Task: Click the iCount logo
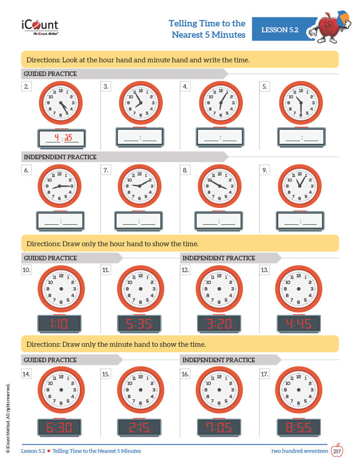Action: point(40,26)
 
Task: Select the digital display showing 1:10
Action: point(60,324)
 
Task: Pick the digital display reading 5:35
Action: point(139,324)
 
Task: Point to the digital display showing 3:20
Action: point(219,324)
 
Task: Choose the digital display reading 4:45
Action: point(299,324)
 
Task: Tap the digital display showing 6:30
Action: point(60,427)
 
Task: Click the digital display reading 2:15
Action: point(139,427)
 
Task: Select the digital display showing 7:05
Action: point(219,427)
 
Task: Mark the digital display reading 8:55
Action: point(299,427)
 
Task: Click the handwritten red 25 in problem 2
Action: point(69,138)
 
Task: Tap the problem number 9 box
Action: point(265,170)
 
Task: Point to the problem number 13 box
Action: point(264,270)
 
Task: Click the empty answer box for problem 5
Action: point(301,137)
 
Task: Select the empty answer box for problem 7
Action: point(138,221)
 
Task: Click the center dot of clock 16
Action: point(219,390)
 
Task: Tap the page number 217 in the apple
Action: point(337,451)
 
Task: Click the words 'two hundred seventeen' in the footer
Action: point(299,451)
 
